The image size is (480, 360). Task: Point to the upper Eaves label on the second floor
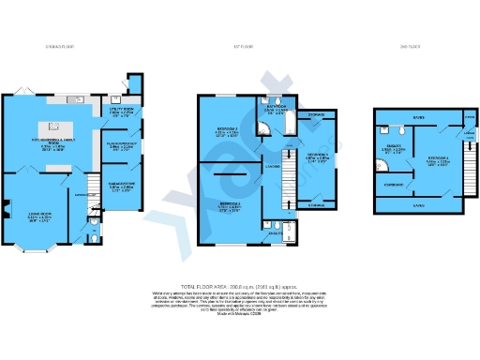point(419,118)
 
